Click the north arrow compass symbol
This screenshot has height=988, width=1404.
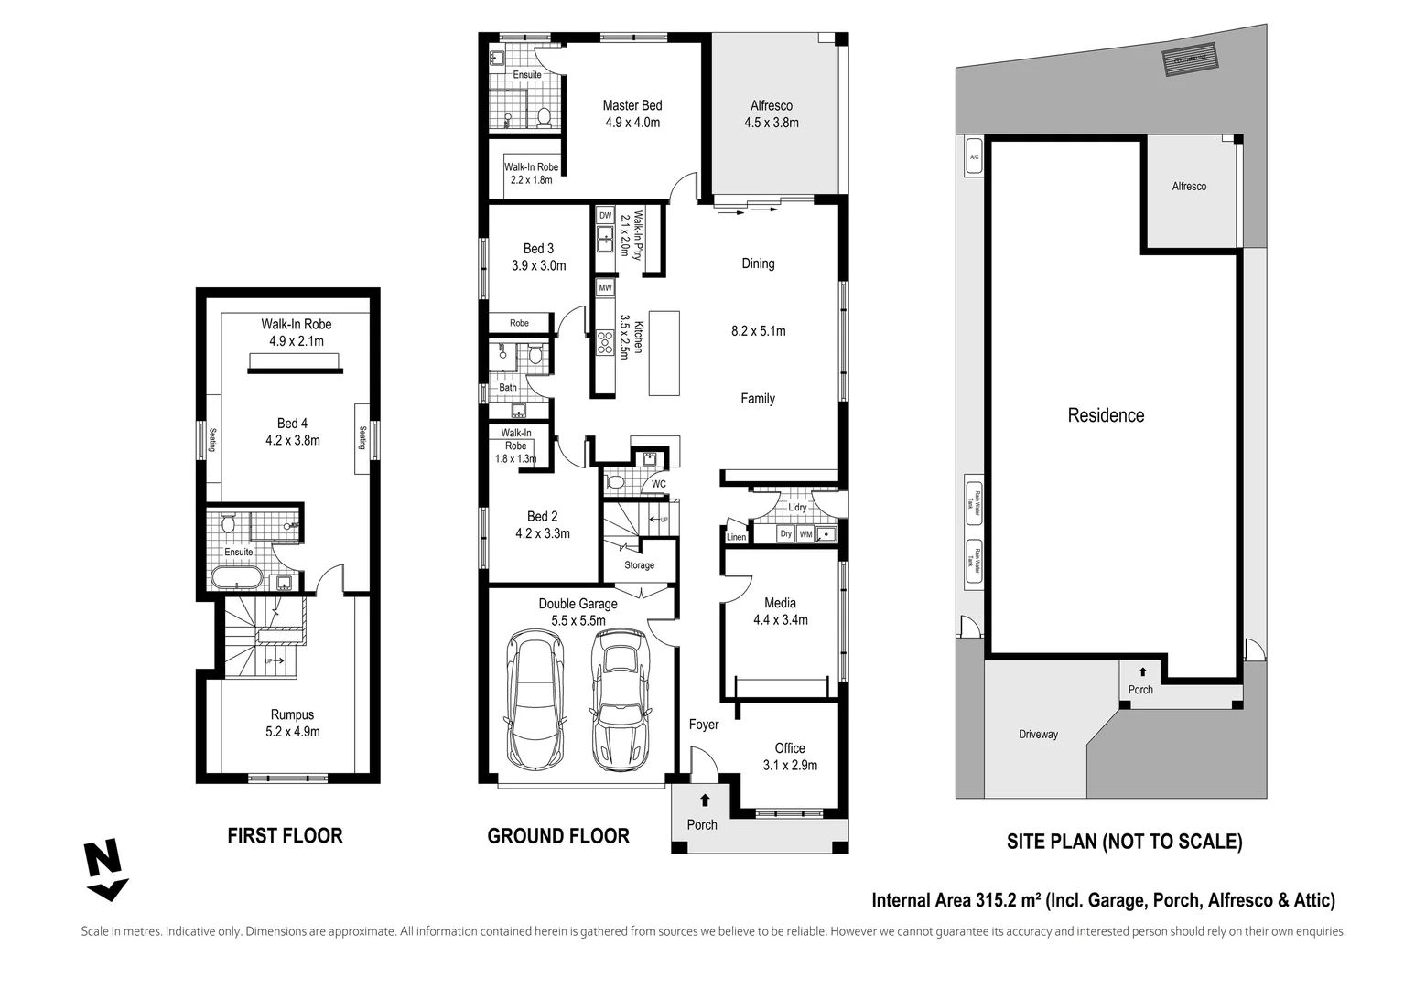point(104,870)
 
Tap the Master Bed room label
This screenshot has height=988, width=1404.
point(632,105)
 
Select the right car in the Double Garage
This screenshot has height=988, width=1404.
point(621,699)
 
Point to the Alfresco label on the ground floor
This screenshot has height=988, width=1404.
point(771,105)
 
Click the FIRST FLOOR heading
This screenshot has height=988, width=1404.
point(285,835)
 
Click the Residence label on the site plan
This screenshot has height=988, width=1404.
point(1105,415)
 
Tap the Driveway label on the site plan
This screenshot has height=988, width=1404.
point(1038,734)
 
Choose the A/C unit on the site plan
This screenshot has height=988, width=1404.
point(974,157)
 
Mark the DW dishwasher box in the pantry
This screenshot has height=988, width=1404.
point(605,215)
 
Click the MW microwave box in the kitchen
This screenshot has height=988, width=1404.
point(605,287)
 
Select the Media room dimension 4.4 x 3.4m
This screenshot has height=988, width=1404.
point(780,619)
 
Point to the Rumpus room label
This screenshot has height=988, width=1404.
point(292,714)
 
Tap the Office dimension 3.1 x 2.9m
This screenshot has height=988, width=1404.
point(790,765)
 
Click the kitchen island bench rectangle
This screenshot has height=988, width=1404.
point(664,353)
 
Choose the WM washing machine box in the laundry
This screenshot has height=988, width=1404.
point(805,533)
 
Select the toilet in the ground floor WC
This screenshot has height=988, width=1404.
point(616,481)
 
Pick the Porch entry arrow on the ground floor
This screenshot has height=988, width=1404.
point(704,800)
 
